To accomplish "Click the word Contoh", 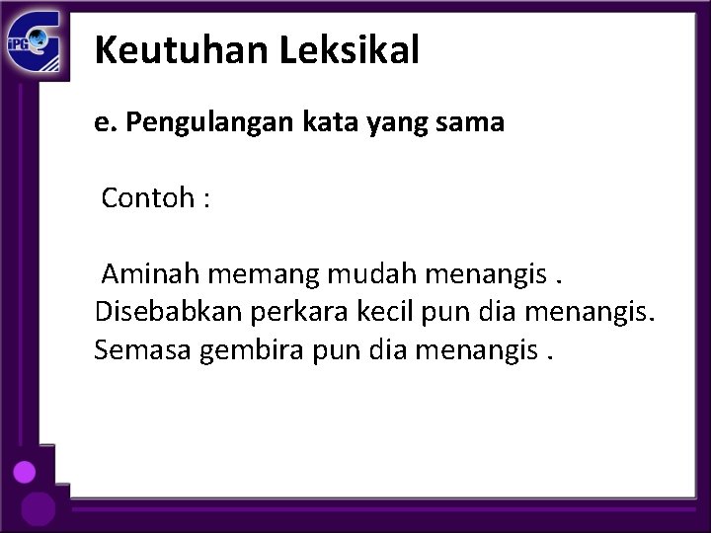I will [147, 199].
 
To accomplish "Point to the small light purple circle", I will [25, 472].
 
